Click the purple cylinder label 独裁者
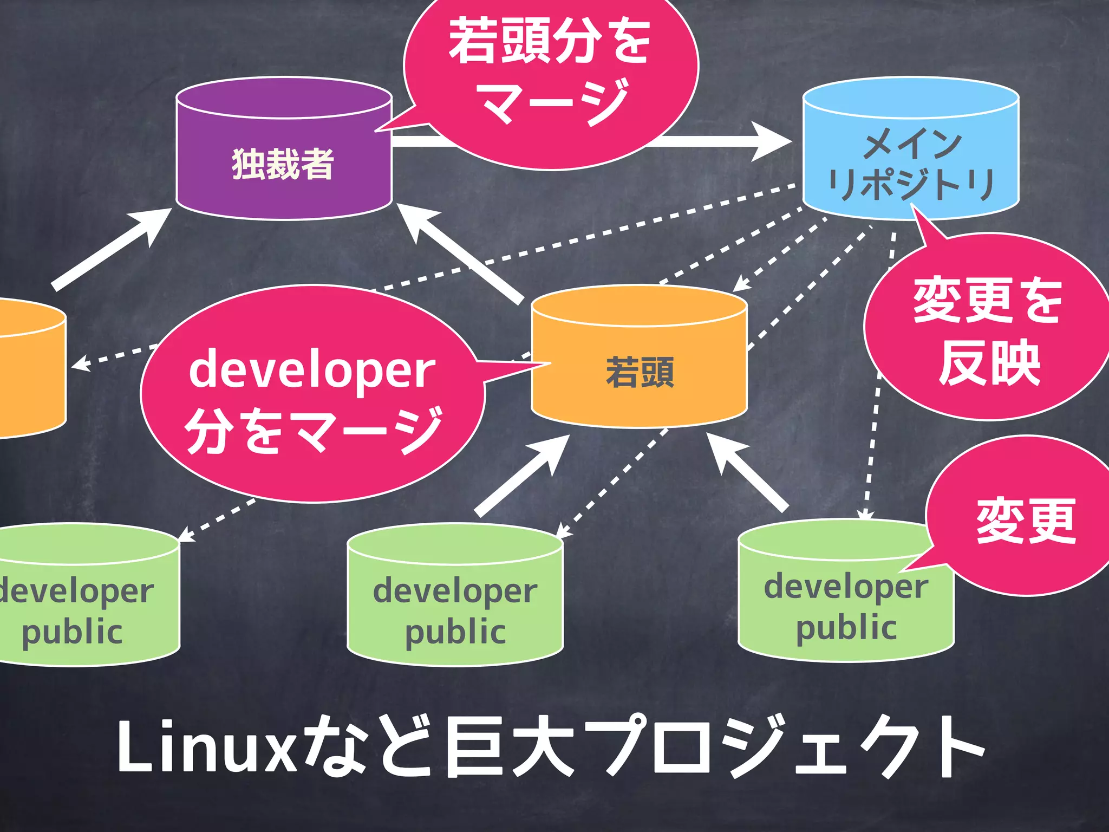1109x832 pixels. (283, 164)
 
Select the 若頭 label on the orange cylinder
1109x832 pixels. (640, 372)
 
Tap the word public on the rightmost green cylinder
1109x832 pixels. (846, 628)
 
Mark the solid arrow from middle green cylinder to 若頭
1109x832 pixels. (523, 474)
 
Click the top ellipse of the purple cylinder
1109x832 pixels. (284, 98)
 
